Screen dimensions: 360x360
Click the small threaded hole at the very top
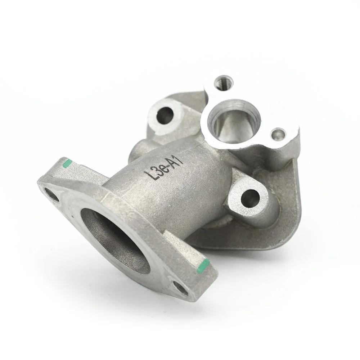224,82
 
